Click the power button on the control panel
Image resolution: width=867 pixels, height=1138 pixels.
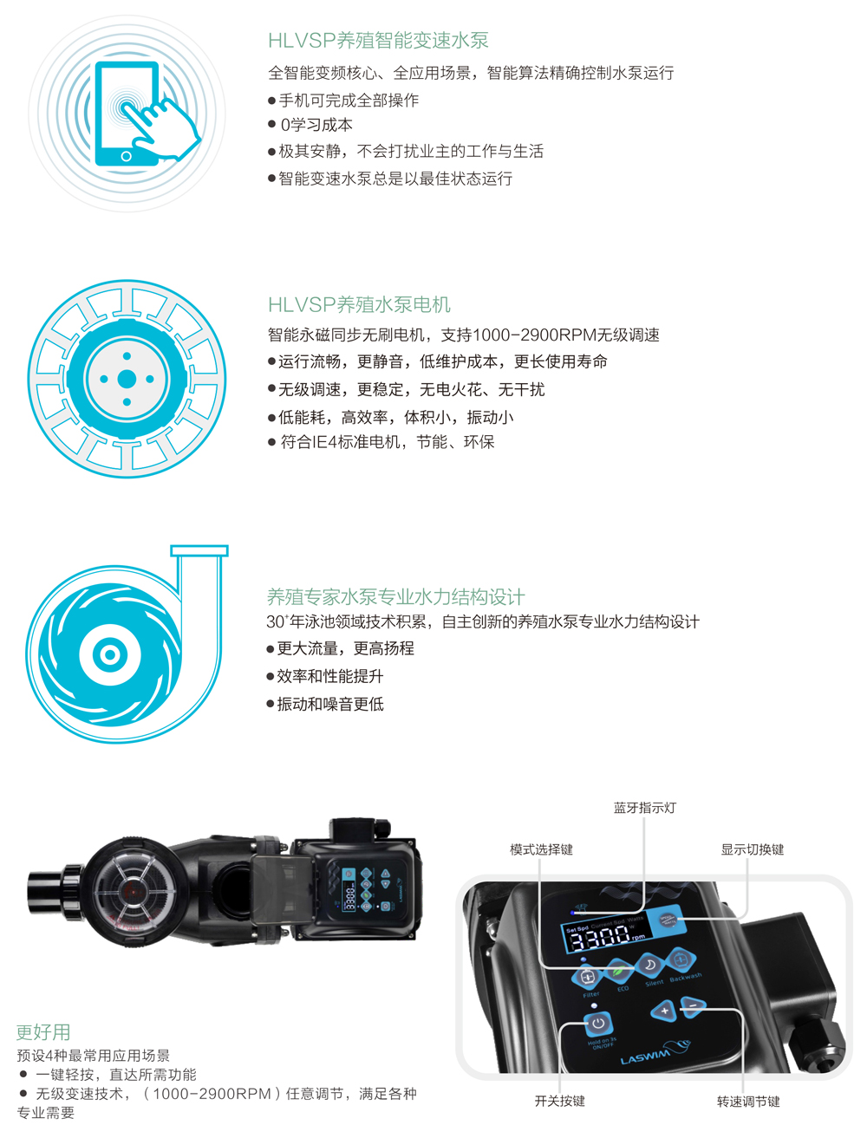pos(597,1024)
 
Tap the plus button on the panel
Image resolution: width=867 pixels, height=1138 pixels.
pos(664,1011)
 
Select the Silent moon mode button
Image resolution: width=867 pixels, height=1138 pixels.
pos(649,966)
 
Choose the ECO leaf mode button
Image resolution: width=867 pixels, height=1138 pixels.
pos(619,971)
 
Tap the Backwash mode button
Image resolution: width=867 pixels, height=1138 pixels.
pos(681,959)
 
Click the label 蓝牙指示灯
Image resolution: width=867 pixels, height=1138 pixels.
pos(644,808)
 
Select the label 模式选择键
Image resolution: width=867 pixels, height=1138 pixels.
pos(541,849)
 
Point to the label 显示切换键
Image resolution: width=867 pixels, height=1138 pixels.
pos(752,849)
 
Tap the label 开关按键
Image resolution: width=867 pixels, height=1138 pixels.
pos(559,1101)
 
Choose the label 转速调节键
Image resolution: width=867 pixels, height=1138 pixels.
pos(747,1102)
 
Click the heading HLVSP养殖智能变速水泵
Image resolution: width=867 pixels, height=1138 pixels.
pos(378,40)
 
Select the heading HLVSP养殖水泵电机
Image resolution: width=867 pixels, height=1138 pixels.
pos(359,304)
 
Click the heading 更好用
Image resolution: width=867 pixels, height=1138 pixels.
pos(43,1032)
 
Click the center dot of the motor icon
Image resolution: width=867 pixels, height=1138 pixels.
pos(127,379)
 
